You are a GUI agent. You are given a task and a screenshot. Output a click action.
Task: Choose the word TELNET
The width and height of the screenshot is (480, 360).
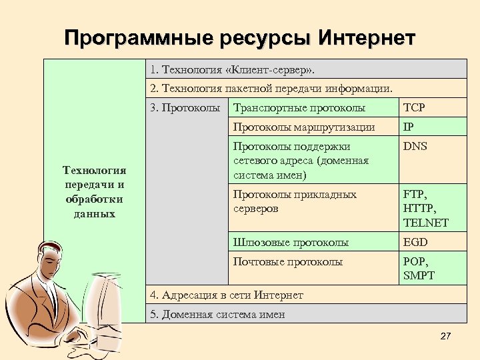425,223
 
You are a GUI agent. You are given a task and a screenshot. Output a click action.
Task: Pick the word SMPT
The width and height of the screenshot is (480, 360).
419,275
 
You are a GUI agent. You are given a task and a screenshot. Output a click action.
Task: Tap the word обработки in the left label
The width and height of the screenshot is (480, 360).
95,199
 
